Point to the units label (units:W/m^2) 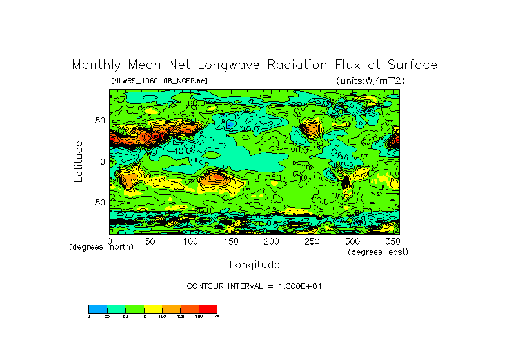pos(370,81)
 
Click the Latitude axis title pos(78,161)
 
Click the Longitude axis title pos(254,265)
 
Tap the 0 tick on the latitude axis pos(101,161)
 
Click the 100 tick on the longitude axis pos(190,241)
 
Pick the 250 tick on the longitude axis pos(312,241)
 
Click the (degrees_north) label pos(101,247)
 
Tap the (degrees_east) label pos(377,252)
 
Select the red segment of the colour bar pos(208,308)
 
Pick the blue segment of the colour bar pos(97,308)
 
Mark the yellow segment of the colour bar pos(153,308)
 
